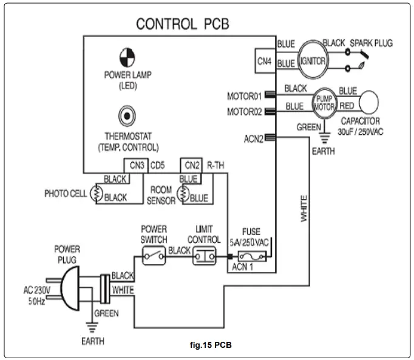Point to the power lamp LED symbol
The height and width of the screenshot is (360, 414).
pos(127,58)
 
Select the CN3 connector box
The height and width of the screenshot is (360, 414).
pos(136,165)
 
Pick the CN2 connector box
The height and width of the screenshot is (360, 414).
pos(192,165)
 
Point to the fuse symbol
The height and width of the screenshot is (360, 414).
pos(251,257)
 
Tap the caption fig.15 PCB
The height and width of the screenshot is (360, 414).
pos(211,345)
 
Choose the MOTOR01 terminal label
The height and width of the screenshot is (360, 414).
pos(244,96)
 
